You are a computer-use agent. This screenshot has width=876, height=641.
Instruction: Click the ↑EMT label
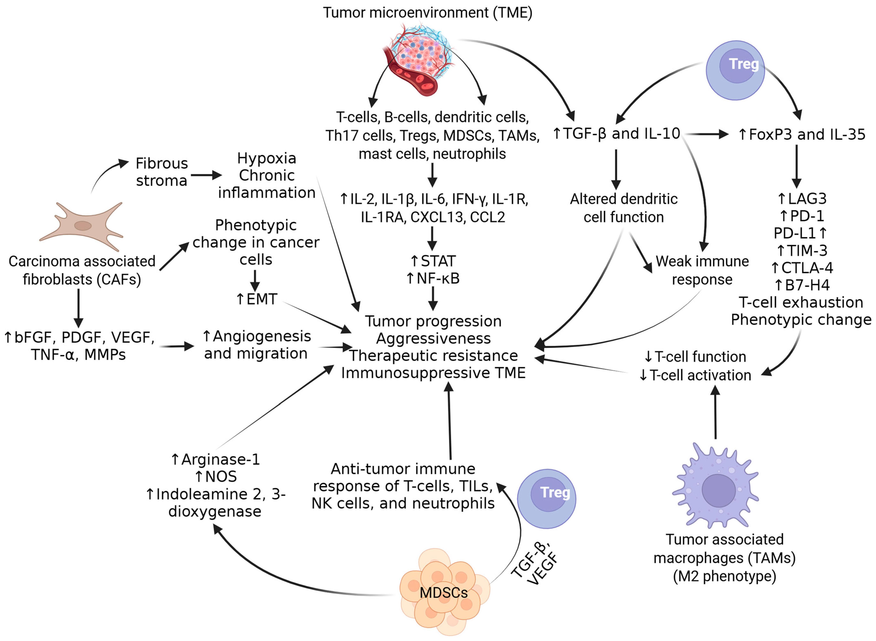coord(257,299)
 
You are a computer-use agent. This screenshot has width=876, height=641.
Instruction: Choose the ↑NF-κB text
coord(433,278)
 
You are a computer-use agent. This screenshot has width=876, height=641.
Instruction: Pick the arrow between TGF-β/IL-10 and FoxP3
coord(707,134)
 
